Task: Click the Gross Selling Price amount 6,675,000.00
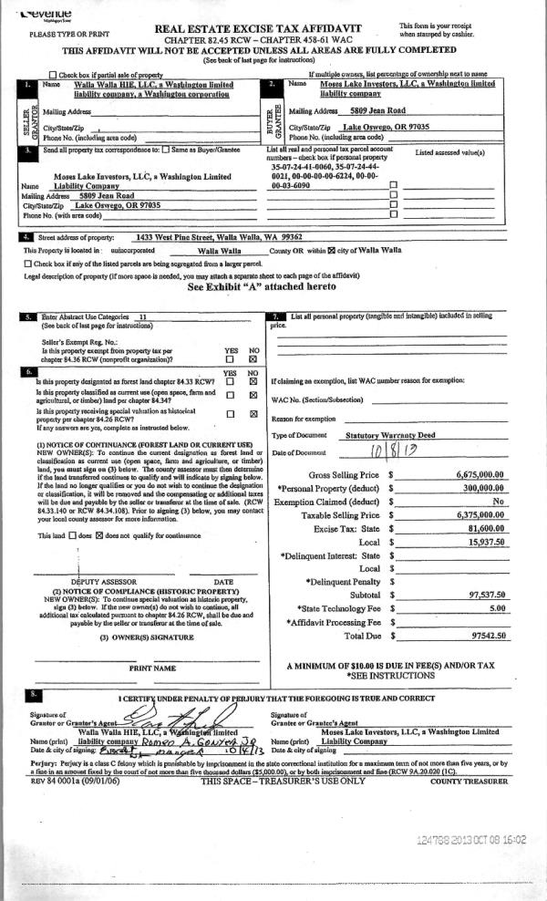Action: click(x=480, y=475)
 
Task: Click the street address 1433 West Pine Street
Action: click(x=214, y=234)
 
